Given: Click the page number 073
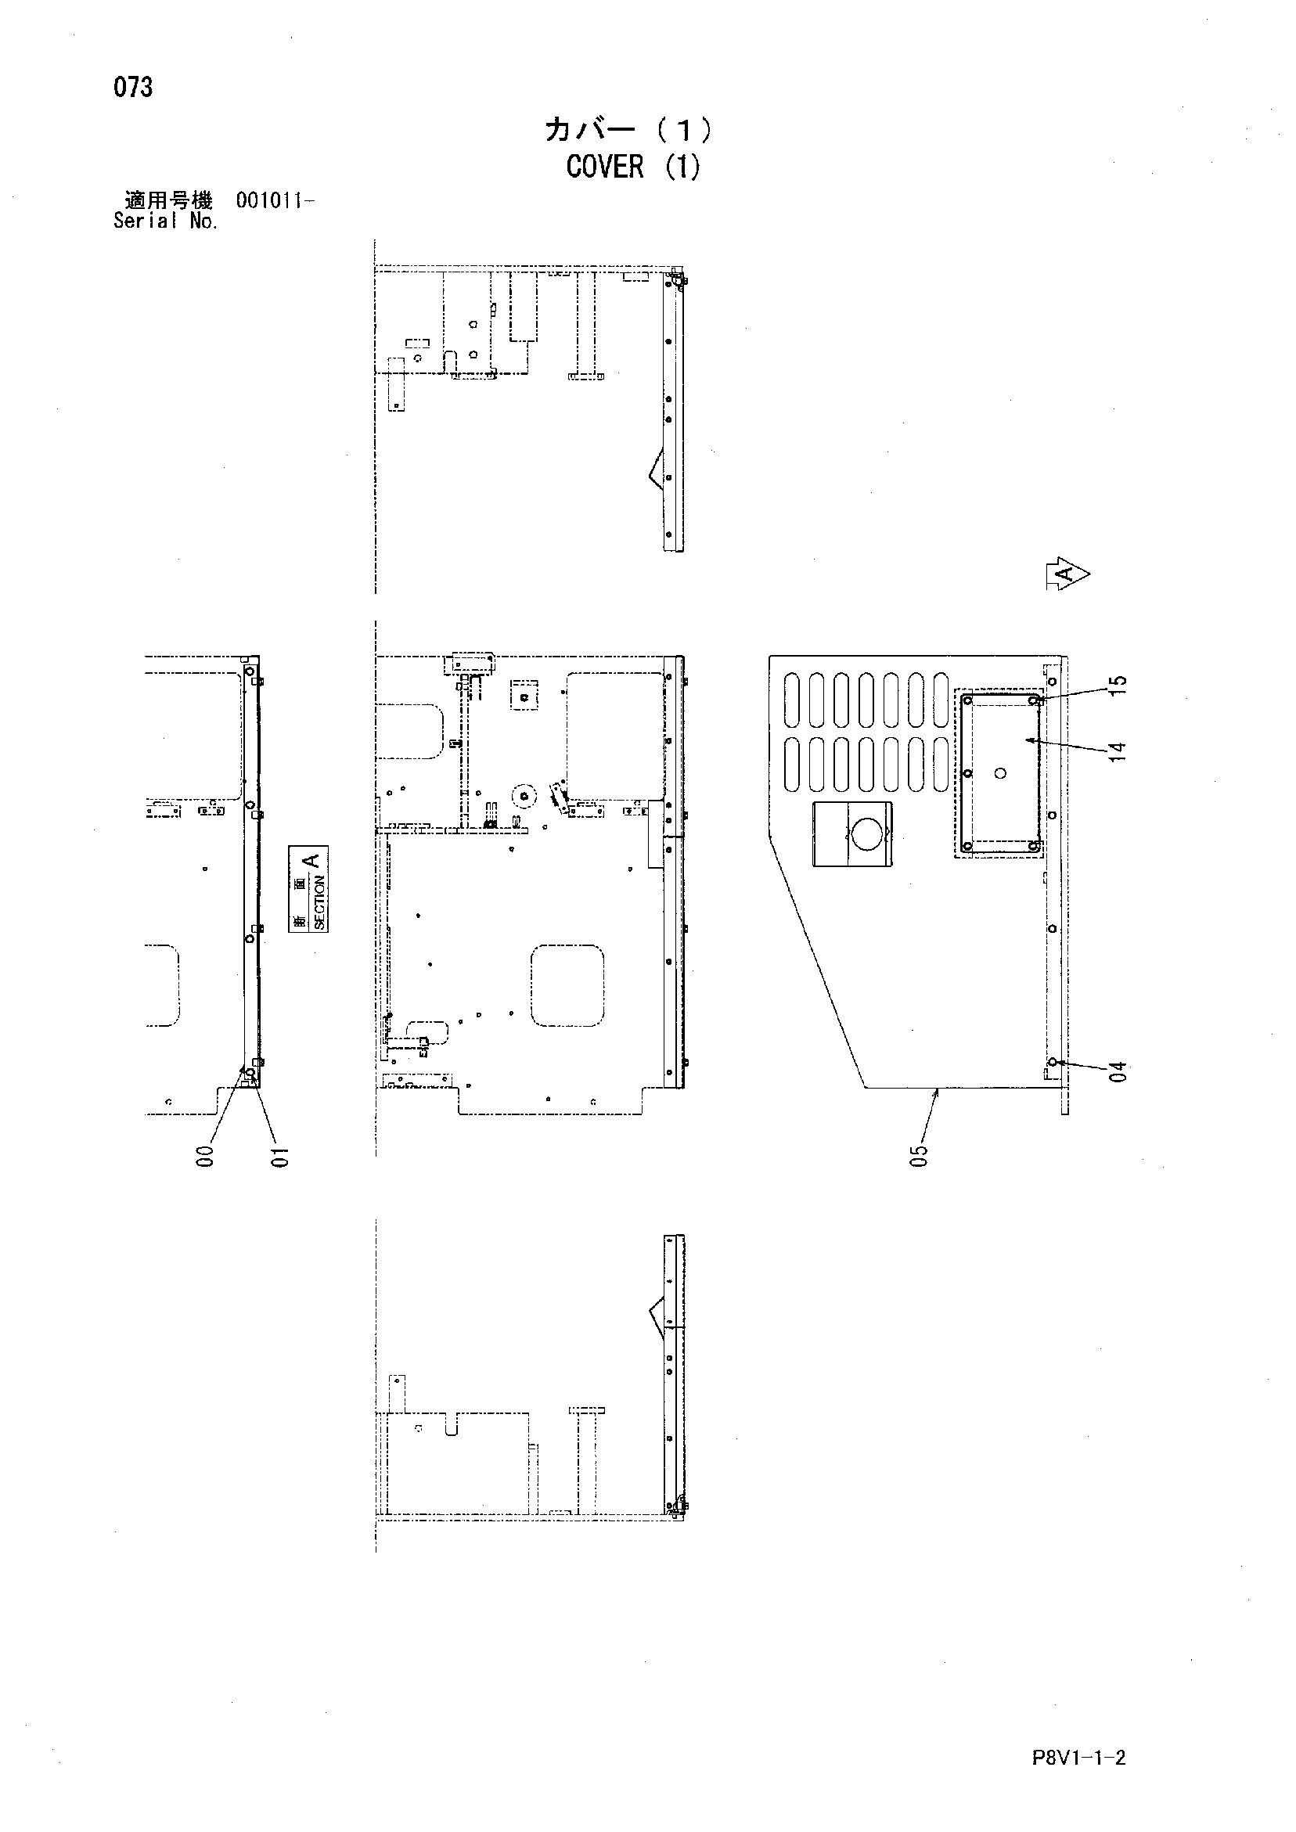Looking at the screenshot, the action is click(132, 86).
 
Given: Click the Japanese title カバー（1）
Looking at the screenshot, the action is click(628, 129).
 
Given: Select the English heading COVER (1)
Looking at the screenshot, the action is click(634, 167).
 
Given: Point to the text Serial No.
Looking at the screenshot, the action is click(165, 221).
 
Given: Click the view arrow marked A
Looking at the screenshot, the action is click(1067, 573).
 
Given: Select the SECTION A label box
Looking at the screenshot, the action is click(308, 888).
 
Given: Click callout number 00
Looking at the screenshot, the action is click(206, 1156).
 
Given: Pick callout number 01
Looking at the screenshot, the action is click(279, 1156).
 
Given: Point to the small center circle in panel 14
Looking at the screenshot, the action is click(1001, 772).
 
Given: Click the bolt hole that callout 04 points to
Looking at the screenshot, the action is click(1053, 1062).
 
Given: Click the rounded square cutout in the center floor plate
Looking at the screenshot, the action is click(567, 985).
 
